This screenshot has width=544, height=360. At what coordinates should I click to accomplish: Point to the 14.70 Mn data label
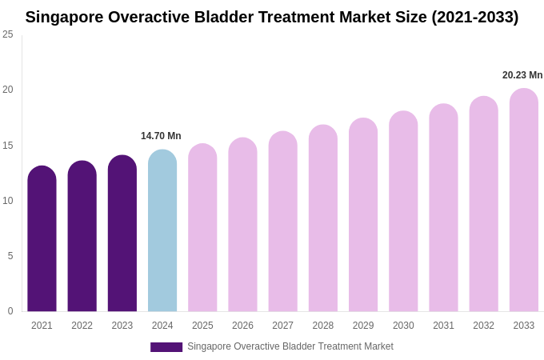(161, 136)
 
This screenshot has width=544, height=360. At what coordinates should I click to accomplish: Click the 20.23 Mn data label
(522, 75)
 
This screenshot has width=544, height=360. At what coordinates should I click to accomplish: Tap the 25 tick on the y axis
(8, 34)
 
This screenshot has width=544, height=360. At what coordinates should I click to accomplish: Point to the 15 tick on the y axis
(8, 146)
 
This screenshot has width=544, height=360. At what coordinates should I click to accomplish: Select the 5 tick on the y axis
(10, 256)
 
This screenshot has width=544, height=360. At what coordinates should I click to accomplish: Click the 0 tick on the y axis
(10, 311)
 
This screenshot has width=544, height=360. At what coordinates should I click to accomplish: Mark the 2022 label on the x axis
(82, 326)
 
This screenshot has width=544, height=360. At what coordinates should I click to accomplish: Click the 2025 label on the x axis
(202, 326)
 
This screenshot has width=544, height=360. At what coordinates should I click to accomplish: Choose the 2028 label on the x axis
(323, 326)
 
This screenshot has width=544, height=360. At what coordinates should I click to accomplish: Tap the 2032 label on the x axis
(483, 326)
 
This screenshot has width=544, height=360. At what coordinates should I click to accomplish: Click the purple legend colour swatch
(166, 347)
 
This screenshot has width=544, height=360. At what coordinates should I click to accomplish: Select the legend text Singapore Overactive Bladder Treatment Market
(290, 346)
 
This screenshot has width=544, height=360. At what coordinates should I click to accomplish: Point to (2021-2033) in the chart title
(474, 17)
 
